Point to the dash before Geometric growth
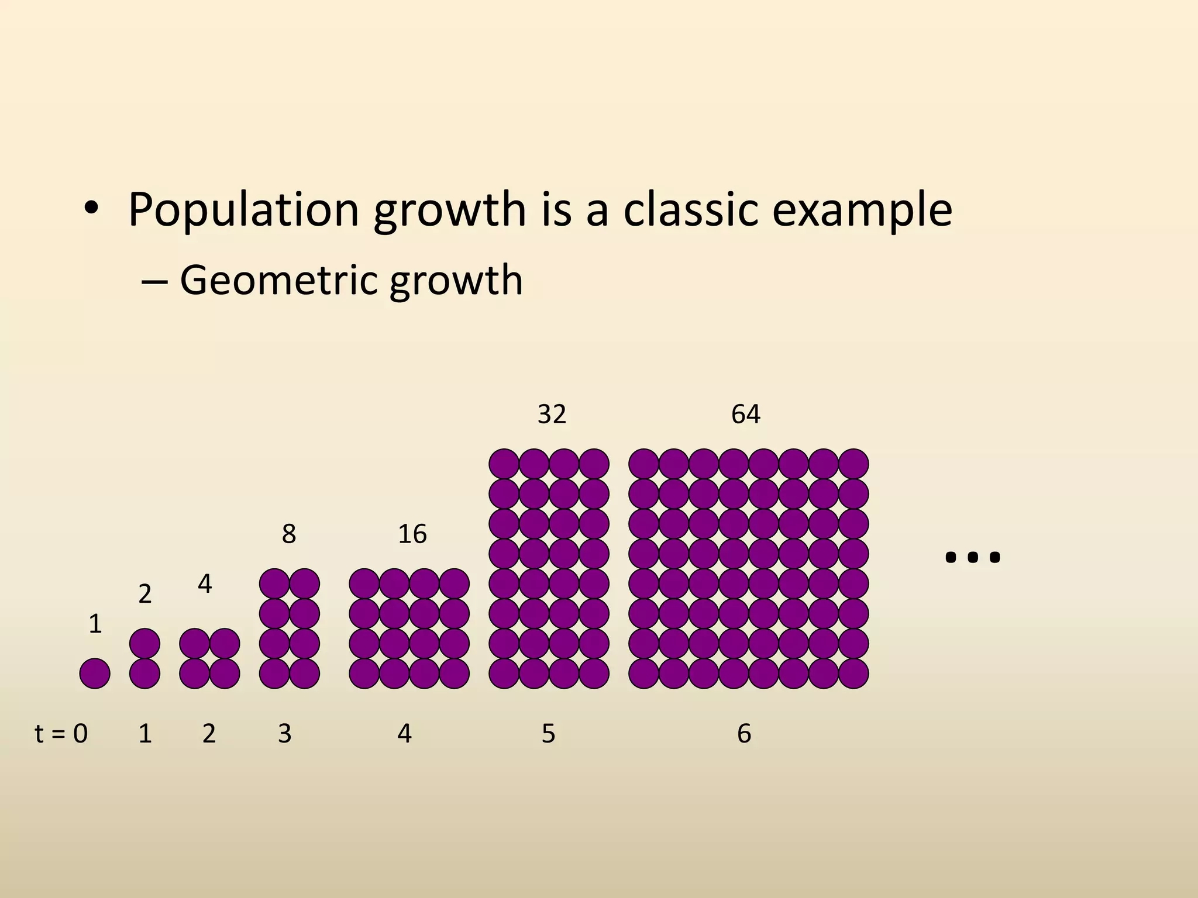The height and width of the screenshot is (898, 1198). (x=154, y=282)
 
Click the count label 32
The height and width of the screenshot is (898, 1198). (x=552, y=414)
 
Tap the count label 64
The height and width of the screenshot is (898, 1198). (x=745, y=414)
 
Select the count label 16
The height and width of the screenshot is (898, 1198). (x=412, y=534)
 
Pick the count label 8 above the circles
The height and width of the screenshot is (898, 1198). (x=289, y=534)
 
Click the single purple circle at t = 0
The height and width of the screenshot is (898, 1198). (x=95, y=673)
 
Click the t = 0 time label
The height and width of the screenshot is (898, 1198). (x=61, y=733)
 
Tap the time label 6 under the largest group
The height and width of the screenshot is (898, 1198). (x=743, y=733)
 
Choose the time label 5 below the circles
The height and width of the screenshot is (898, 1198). (x=548, y=733)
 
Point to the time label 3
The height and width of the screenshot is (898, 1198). (x=285, y=733)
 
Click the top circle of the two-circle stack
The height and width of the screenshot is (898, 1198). (x=144, y=643)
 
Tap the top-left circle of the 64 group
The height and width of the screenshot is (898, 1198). (x=643, y=464)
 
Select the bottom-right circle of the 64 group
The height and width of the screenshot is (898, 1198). (x=853, y=673)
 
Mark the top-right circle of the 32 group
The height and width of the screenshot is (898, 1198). (x=594, y=464)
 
